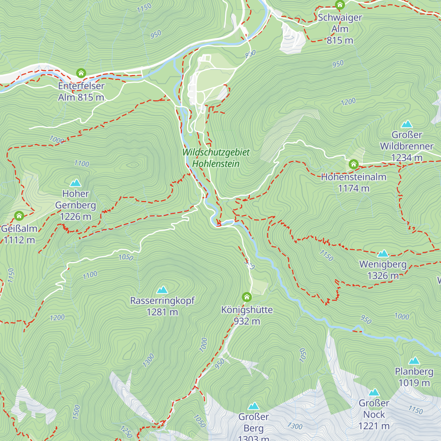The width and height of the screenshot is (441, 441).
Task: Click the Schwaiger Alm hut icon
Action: (340, 5)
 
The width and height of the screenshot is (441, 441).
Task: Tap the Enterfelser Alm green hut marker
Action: (81, 73)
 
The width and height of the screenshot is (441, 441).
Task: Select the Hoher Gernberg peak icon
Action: (76, 183)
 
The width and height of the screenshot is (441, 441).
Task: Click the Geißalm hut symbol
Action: (19, 216)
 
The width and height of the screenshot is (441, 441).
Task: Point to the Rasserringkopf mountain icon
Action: (162, 290)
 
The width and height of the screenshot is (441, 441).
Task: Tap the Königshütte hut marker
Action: (247, 297)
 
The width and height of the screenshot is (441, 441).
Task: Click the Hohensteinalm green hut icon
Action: (354, 164)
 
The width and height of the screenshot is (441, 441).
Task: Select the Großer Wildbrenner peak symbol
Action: (407, 124)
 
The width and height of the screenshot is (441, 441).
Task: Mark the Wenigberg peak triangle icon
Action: (383, 254)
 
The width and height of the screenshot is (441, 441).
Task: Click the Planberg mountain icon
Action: (414, 361)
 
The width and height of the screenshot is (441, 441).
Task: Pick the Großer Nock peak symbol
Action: (374, 392)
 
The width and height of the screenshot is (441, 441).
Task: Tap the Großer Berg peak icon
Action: (254, 406)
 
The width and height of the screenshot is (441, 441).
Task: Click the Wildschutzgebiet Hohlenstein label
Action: (216, 158)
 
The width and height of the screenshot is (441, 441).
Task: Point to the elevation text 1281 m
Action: (162, 312)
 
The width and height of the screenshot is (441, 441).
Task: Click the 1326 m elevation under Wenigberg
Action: (383, 276)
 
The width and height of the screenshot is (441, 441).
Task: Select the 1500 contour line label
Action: (76, 413)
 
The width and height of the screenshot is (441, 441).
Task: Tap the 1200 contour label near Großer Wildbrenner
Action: (348, 101)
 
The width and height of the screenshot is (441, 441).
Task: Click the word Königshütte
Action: (247, 310)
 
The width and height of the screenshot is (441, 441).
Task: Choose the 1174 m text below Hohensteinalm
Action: (354, 188)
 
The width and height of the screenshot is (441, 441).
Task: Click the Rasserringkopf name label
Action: (162, 301)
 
